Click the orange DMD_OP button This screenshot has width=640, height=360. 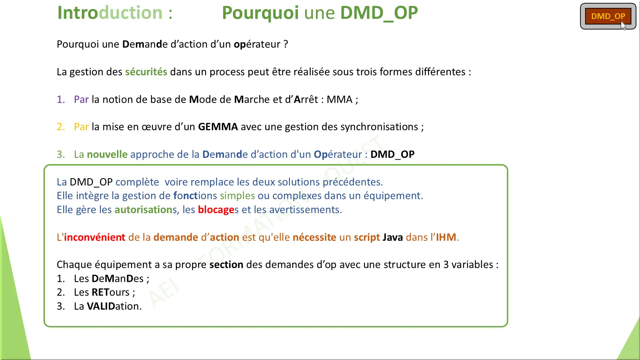tap(608, 16)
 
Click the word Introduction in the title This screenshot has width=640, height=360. tap(110, 13)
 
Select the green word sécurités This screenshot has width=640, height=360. tap(146, 72)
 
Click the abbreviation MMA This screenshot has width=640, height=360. tap(340, 99)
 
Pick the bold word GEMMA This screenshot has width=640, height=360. tap(218, 127)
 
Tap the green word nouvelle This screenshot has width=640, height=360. tap(107, 154)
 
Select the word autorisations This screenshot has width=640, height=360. tap(146, 210)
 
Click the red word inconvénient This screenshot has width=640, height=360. tap(94, 237)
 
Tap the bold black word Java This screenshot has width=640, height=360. tap(393, 237)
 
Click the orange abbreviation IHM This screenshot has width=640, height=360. tap(446, 237)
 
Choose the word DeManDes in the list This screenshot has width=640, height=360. tap(118, 279)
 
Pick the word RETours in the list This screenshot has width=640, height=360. tap(111, 292)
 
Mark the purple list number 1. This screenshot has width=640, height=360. tap(61, 99)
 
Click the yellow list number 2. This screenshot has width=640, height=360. tap(61, 127)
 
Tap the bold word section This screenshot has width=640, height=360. tap(226, 265)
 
